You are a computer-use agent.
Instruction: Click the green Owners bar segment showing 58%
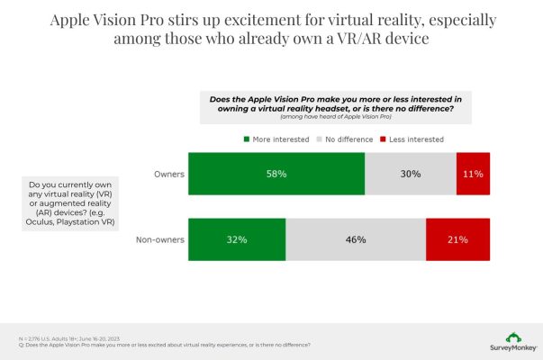pyautogui.click(x=276, y=174)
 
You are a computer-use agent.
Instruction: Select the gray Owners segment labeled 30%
pyautogui.click(x=411, y=174)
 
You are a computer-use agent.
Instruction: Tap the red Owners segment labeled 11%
pyautogui.click(x=473, y=174)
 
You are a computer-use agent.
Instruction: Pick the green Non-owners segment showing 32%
pyautogui.click(x=236, y=240)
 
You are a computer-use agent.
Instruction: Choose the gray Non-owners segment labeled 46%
pyautogui.click(x=356, y=240)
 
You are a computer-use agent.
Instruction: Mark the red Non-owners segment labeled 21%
pyautogui.click(x=457, y=240)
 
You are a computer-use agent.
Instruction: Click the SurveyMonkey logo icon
pyautogui.click(x=512, y=337)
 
